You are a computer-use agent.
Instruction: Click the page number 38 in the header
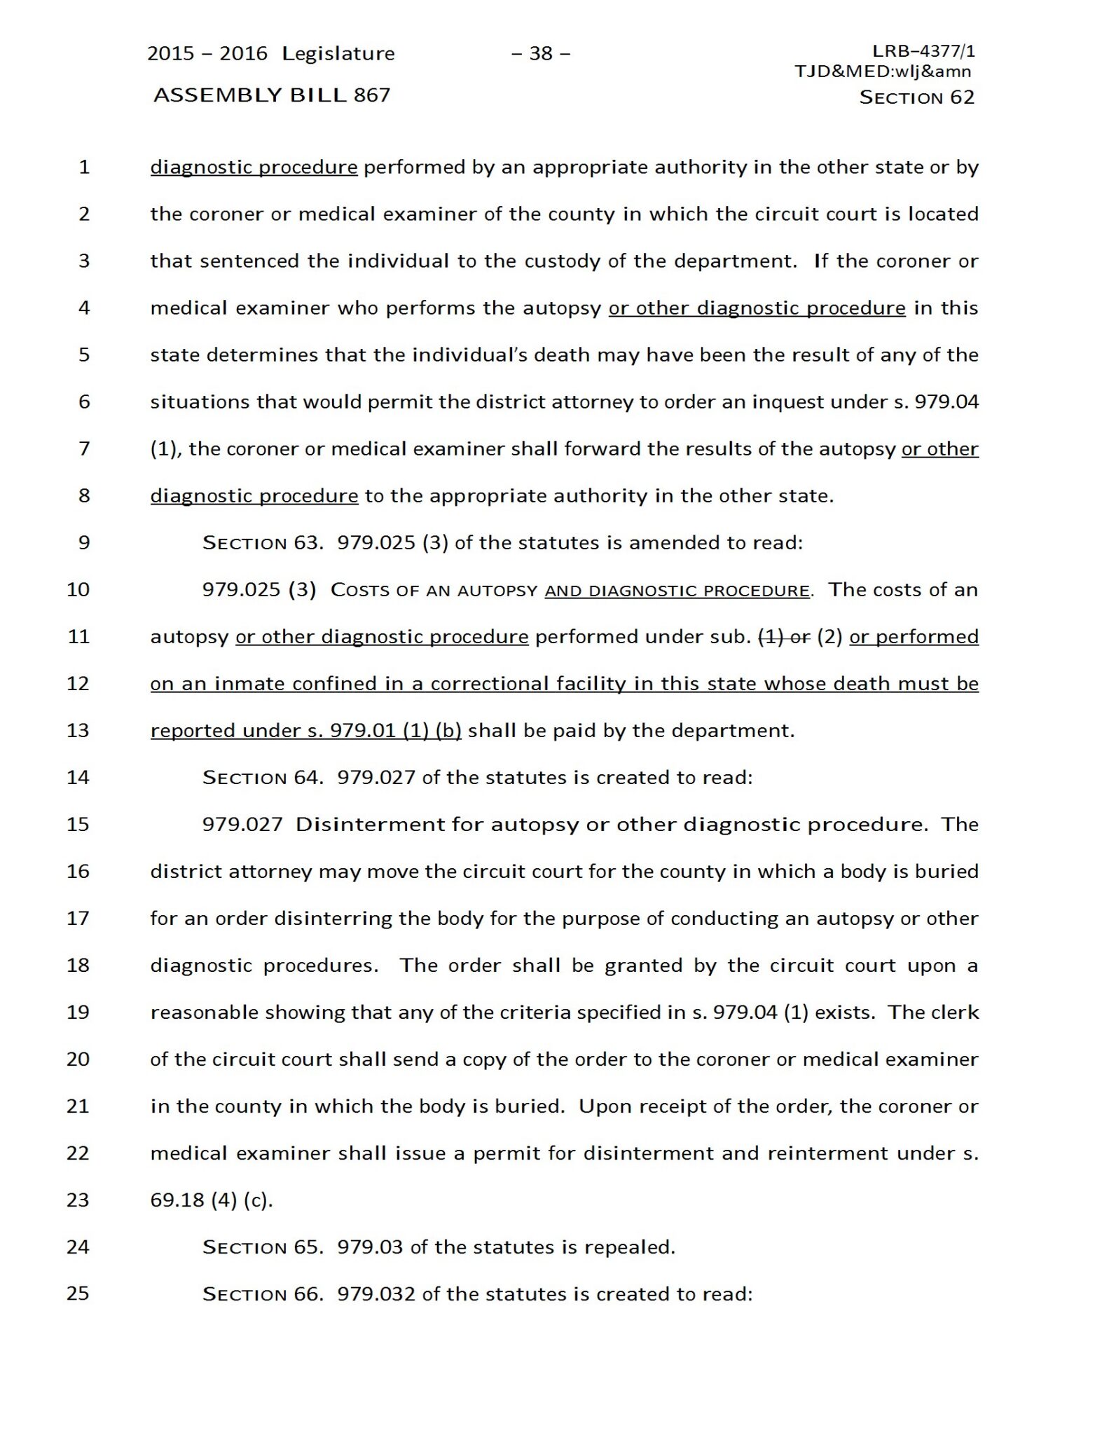pyautogui.click(x=541, y=53)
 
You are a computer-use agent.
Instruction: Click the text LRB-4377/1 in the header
pyautogui.click(x=923, y=50)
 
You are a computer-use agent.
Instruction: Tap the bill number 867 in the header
pyautogui.click(x=372, y=95)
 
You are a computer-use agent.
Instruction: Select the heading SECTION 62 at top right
pyautogui.click(x=916, y=97)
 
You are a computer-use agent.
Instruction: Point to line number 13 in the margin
pyautogui.click(x=78, y=730)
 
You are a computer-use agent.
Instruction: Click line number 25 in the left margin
pyautogui.click(x=78, y=1293)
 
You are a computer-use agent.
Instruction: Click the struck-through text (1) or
pyautogui.click(x=785, y=636)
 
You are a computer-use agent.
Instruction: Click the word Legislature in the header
pyautogui.click(x=338, y=53)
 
